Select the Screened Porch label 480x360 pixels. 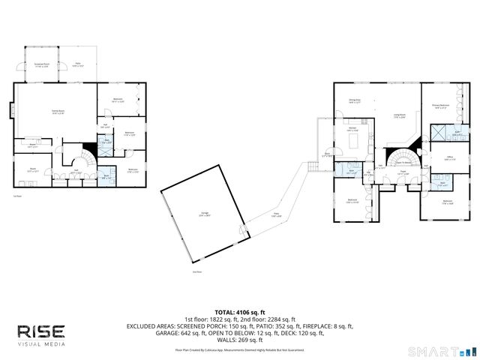[41, 66]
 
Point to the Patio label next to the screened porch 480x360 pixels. [78, 66]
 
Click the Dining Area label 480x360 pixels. [355, 101]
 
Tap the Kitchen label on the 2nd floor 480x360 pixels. [352, 130]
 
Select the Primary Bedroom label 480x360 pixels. [441, 106]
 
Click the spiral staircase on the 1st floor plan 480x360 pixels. [88, 159]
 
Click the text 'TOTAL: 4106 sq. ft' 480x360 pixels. [239, 311]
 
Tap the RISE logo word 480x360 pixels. [41, 331]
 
